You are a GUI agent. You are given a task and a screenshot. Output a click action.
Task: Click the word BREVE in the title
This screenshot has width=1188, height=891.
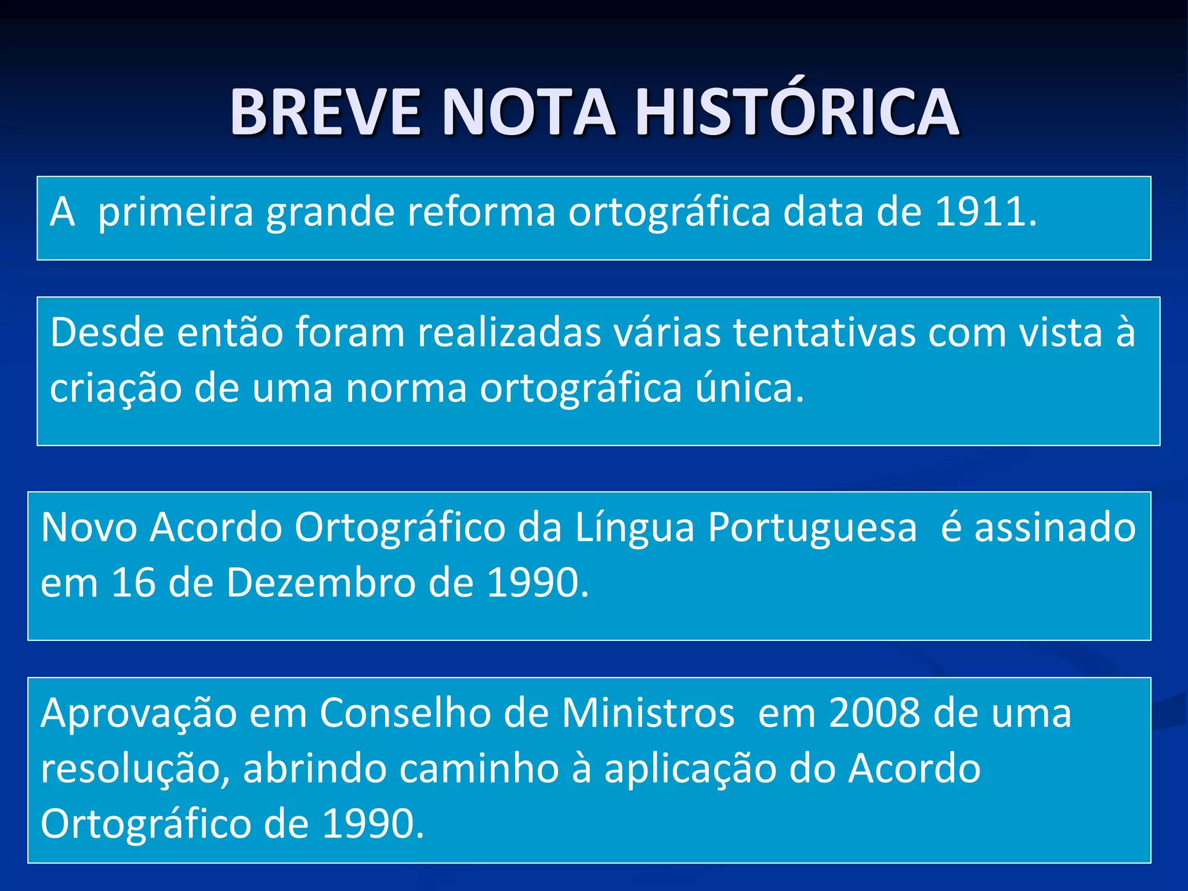(325, 111)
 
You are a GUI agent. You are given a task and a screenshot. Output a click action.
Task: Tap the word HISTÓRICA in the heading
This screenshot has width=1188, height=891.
(797, 111)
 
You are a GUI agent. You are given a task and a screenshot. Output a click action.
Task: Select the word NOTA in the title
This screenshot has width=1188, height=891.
(528, 111)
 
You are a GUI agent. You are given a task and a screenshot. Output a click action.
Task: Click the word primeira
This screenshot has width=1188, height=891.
(176, 213)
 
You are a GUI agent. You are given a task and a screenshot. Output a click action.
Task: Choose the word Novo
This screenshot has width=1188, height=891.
(89, 527)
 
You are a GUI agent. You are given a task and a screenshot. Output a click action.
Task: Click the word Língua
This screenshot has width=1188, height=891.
(635, 528)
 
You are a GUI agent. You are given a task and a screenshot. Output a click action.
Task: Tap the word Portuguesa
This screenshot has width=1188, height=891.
(813, 528)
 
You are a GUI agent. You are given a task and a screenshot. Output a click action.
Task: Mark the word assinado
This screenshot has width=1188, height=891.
(1055, 527)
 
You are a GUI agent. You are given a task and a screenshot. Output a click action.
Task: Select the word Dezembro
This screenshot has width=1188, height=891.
(321, 582)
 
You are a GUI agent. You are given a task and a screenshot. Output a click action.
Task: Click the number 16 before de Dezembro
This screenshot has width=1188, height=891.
(133, 582)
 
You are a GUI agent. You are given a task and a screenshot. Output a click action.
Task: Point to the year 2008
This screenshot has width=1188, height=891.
(874, 713)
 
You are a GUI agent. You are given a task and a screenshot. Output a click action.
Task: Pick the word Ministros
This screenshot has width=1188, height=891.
(648, 713)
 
